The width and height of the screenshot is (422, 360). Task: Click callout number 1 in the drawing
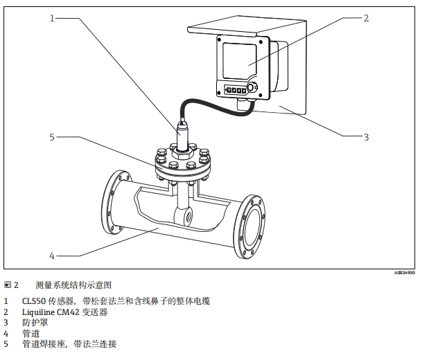tap(51, 18)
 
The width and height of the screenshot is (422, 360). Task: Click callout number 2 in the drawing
tap(367, 18)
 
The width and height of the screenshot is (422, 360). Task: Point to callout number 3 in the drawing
tap(367, 136)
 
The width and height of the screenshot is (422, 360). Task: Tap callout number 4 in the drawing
tap(51, 255)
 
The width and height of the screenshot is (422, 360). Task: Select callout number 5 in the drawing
tap(51, 136)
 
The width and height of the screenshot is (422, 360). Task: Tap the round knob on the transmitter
tap(251, 88)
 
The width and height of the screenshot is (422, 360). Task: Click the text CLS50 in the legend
tap(34, 301)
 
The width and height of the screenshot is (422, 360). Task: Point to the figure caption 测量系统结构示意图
tap(73, 285)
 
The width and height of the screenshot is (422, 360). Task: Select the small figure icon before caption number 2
tap(8, 285)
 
